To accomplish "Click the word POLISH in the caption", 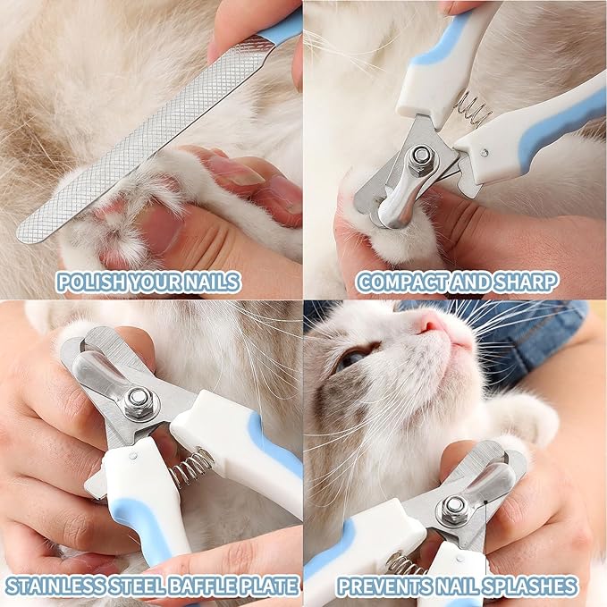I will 86,283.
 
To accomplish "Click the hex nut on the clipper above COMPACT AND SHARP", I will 418,161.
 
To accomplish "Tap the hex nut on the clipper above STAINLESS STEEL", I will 139,401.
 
